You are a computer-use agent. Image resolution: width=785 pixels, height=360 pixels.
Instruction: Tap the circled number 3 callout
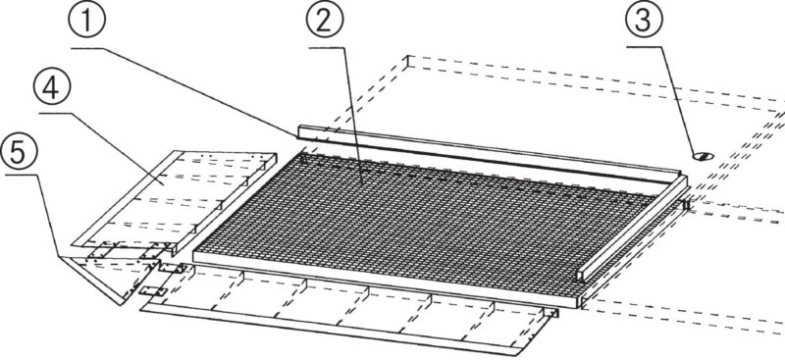[x=645, y=20]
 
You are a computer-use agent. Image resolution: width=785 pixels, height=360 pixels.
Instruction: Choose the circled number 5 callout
[x=19, y=152]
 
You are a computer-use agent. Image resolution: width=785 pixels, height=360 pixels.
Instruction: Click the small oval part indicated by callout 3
[x=704, y=157]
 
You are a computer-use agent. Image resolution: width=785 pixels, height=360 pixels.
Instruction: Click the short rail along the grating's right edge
[x=633, y=228]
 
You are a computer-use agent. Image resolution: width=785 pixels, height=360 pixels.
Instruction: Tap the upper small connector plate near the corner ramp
[x=172, y=268]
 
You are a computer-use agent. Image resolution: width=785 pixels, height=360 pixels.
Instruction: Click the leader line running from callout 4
[x=100, y=149]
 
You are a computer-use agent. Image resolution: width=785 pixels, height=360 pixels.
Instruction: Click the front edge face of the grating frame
[x=386, y=280]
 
